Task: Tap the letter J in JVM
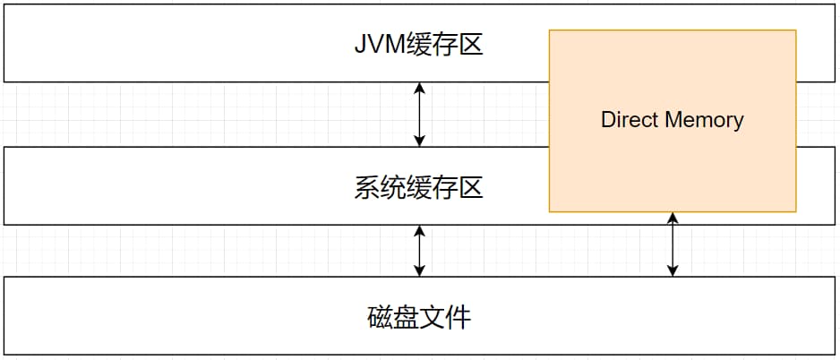360,45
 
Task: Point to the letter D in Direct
607,119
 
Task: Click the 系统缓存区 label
419,187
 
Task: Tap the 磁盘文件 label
419,317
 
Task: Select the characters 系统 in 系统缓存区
380,187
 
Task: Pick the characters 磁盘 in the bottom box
393,317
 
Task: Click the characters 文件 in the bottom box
446,317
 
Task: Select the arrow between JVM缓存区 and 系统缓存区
420,114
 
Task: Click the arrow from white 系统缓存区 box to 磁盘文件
420,251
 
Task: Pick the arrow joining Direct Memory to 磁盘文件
673,244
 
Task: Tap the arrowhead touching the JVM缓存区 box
420,88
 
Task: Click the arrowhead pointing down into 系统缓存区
420,141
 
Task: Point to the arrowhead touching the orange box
673,218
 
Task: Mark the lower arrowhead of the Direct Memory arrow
673,270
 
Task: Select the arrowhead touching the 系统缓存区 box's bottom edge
420,231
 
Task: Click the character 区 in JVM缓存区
471,45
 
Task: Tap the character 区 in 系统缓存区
471,187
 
